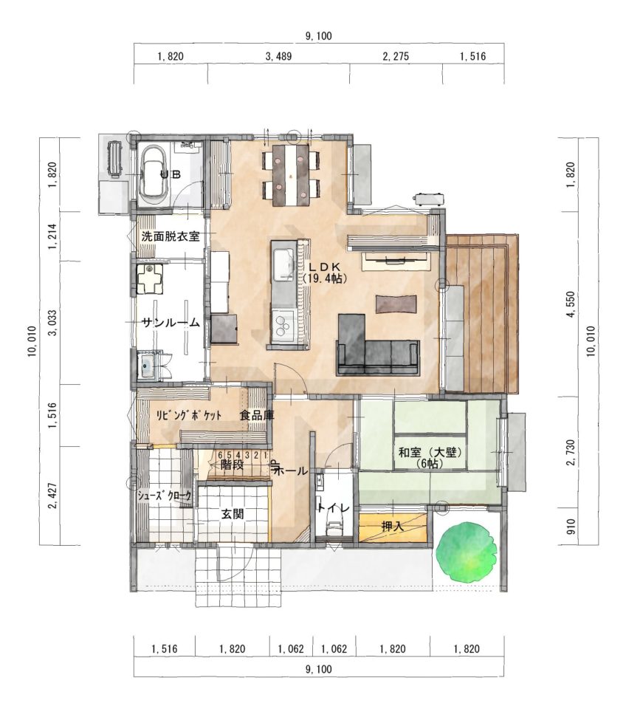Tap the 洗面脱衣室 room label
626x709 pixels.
tap(170, 236)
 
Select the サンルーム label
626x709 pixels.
tap(171, 323)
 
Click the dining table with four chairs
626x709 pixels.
tap(291, 175)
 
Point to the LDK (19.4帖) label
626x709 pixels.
tap(325, 273)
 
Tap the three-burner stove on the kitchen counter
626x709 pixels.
tap(283, 323)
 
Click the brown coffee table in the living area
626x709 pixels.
tap(396, 304)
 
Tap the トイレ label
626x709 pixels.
tap(334, 508)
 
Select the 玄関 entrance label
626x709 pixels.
tap(233, 513)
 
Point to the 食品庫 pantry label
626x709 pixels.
tap(257, 415)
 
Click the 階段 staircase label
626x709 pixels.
tap(233, 465)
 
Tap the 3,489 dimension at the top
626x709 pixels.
tap(278, 56)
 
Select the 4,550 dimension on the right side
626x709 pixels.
tap(571, 304)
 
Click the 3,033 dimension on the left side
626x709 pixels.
tap(53, 323)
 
